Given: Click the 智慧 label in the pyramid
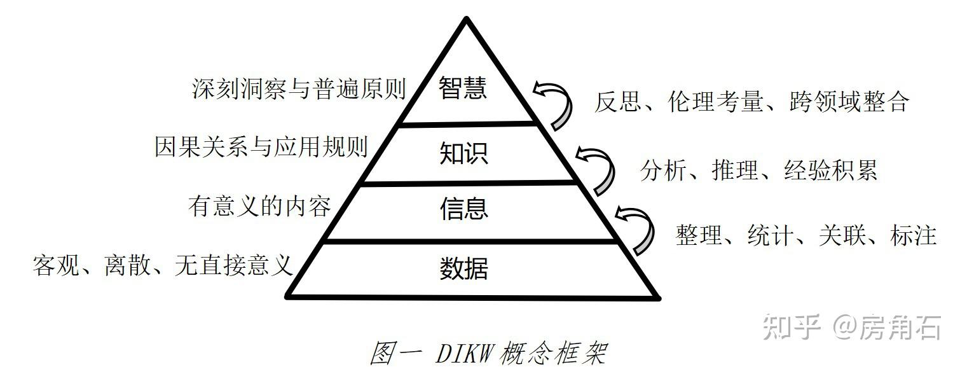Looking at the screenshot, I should pyautogui.click(x=463, y=90).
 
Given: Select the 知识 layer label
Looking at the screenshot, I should pyautogui.click(x=463, y=153).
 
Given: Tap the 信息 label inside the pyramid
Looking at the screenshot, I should pyautogui.click(x=463, y=209).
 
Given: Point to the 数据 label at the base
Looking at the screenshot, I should pyautogui.click(x=463, y=268).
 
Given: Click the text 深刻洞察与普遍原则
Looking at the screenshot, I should pyautogui.click(x=299, y=90).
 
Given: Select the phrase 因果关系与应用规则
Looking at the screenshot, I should pyautogui.click(x=261, y=147).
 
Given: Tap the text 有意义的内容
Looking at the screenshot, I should pyautogui.click(x=259, y=206).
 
